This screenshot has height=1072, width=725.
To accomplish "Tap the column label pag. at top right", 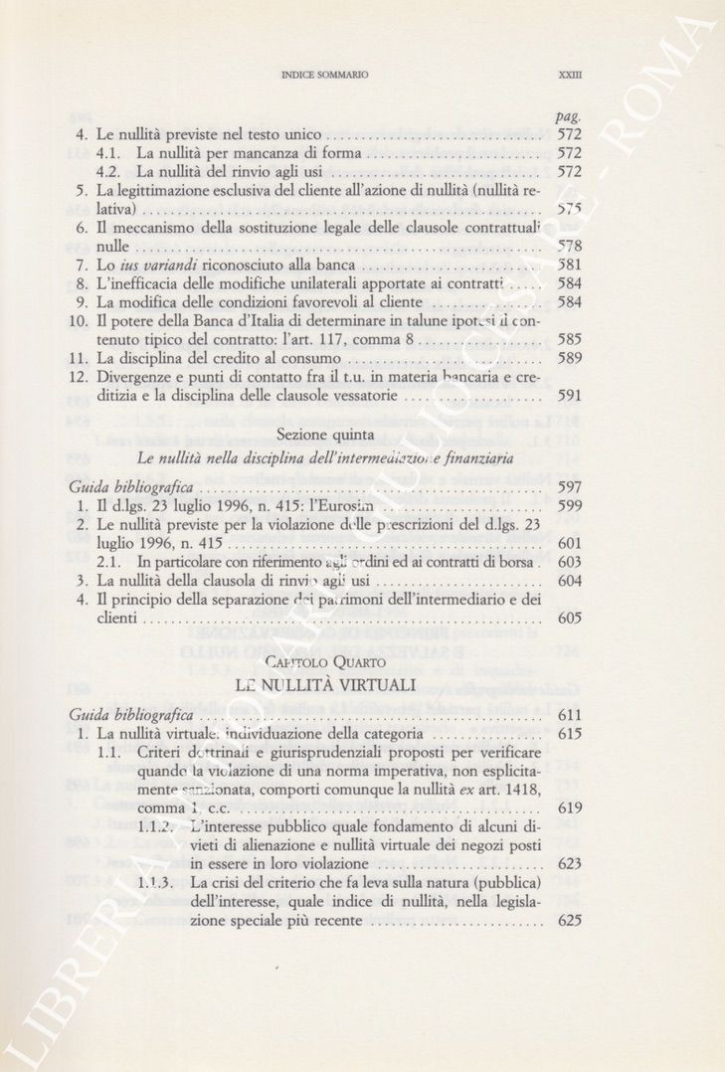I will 569,117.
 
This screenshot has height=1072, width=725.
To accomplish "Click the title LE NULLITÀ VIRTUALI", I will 324,686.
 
